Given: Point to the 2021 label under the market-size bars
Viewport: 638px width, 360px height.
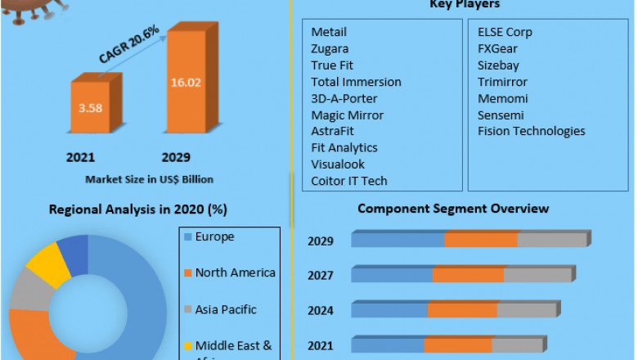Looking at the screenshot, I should tap(81, 157).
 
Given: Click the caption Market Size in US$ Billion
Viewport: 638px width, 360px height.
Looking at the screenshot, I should tap(149, 178).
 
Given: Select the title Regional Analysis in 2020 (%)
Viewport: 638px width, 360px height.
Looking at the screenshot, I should tap(137, 209).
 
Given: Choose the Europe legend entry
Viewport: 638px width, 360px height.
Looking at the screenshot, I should tap(214, 237).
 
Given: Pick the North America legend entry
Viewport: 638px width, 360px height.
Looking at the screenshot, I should tap(235, 272).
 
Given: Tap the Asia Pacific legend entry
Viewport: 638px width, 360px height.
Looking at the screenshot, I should tap(225, 309).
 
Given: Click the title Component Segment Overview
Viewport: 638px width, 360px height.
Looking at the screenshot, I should tap(453, 209).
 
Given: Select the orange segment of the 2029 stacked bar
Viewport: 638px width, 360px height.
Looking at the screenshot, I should tap(481, 239).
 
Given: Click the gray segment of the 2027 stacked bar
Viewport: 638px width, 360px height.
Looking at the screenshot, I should tap(537, 274).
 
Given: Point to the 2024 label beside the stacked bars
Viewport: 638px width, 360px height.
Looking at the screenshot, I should tap(321, 311).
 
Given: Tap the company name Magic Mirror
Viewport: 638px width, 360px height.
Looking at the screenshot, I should tap(347, 115).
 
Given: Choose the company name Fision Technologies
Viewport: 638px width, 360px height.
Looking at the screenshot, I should tap(531, 131).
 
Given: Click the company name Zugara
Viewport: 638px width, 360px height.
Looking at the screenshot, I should tap(330, 49).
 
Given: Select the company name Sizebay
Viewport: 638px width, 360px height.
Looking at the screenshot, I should tap(498, 65).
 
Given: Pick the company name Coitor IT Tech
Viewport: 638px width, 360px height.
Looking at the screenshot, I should tap(349, 181).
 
